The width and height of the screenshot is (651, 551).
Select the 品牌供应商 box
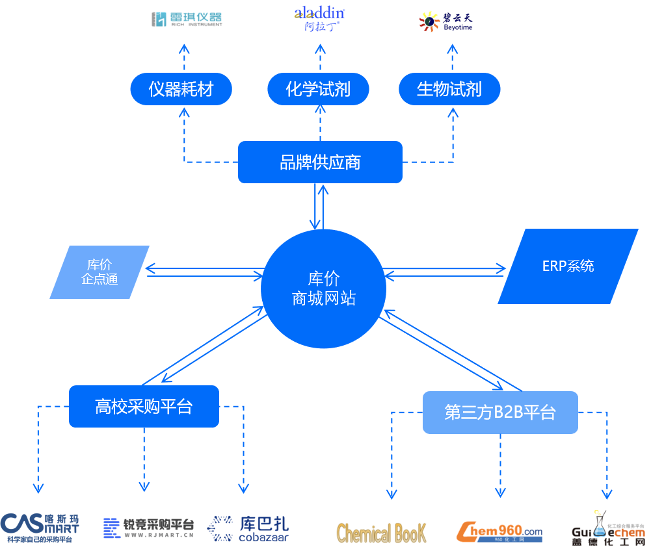[x=320, y=162]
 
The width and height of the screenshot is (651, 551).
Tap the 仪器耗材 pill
[x=181, y=89]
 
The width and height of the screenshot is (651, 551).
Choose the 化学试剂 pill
[x=319, y=89]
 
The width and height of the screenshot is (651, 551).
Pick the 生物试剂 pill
[x=449, y=89]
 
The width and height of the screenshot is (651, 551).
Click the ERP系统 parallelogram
[x=568, y=266]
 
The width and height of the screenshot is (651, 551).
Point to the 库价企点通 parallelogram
[x=100, y=272]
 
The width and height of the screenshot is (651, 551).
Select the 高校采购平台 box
[x=144, y=407]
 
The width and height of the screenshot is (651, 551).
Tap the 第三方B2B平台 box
[x=500, y=413]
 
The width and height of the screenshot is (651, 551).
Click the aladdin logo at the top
[x=319, y=18]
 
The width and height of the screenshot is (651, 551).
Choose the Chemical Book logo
[x=382, y=532]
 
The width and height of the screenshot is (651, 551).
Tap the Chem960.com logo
[x=499, y=532]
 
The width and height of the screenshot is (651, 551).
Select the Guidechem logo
[x=607, y=530]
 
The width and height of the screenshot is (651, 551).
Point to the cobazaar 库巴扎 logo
[x=248, y=528]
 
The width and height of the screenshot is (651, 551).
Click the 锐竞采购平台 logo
[x=149, y=527]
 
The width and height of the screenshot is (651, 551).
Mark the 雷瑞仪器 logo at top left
[x=187, y=19]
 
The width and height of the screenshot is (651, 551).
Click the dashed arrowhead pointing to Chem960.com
[x=500, y=493]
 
